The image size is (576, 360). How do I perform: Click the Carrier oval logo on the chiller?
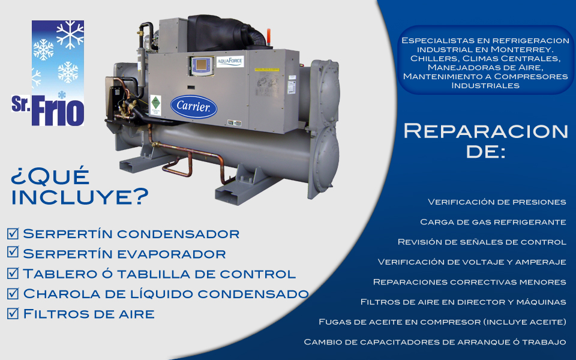(194, 107)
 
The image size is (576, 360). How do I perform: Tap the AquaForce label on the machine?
(230, 61)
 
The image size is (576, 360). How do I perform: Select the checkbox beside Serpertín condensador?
(13, 233)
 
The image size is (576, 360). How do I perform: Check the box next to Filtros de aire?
(13, 313)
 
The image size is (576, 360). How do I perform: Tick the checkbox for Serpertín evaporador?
(13, 253)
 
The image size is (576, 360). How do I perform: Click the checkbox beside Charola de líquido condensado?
(13, 293)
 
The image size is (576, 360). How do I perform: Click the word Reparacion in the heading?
(485, 131)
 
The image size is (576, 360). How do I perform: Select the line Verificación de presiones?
(497, 202)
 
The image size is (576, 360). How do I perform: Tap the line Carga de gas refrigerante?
(493, 222)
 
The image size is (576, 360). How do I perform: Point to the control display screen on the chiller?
(202, 65)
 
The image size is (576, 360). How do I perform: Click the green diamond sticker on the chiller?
(156, 101)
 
